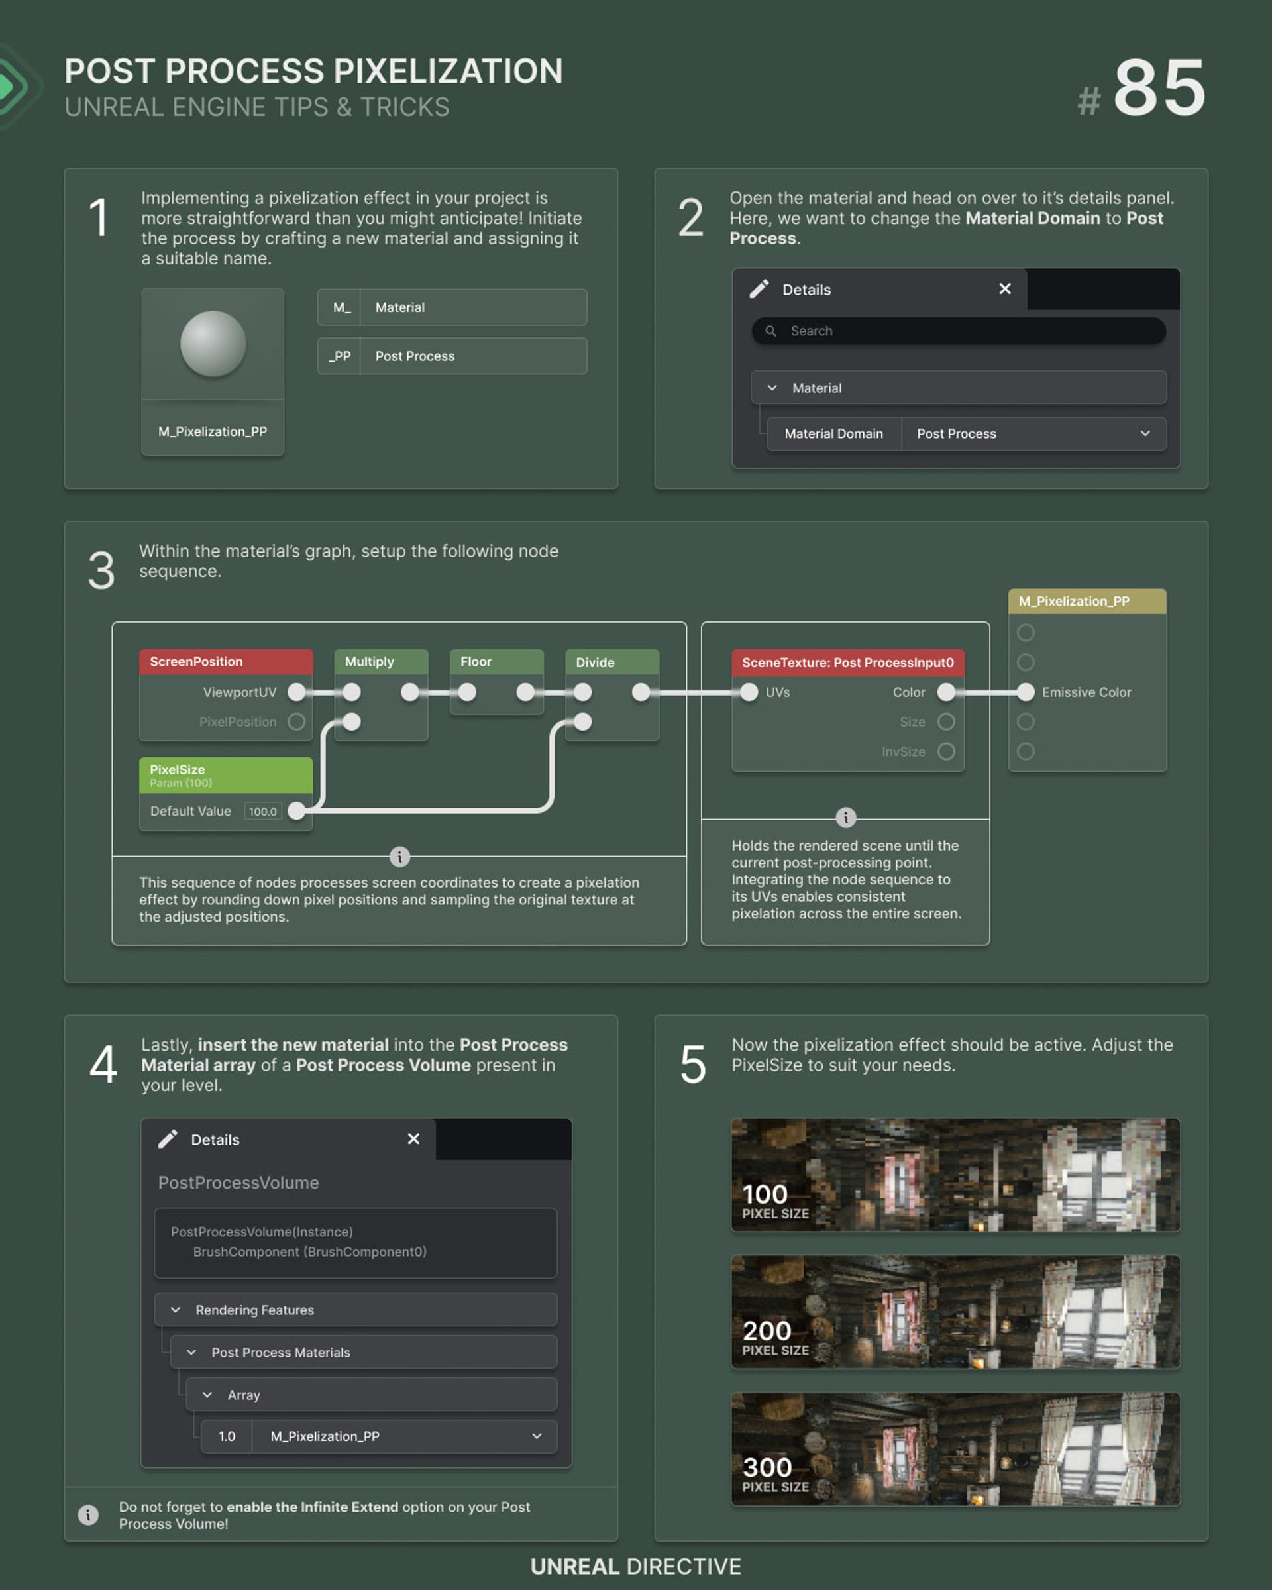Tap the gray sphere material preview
[213, 344]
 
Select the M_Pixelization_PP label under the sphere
[213, 431]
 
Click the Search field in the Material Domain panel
[959, 331]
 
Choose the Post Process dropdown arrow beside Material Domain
[1145, 434]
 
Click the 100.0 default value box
[262, 811]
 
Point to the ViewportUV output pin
[296, 692]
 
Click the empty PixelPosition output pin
[296, 721]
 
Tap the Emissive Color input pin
[1026, 692]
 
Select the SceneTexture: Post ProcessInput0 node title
[848, 663]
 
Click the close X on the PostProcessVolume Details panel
[413, 1139]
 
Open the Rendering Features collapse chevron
[176, 1310]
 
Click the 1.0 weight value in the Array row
[227, 1436]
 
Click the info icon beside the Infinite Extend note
[87, 1514]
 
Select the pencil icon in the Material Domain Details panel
[759, 289]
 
